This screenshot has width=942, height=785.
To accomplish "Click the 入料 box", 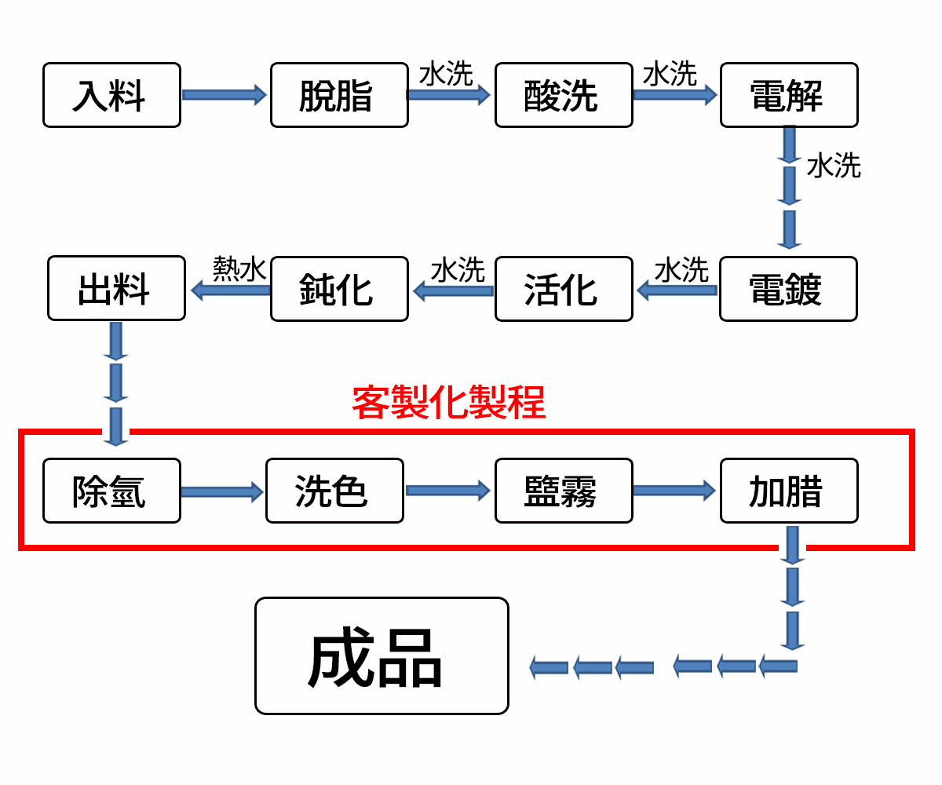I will point(111,95).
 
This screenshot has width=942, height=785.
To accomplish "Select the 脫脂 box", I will point(339,95).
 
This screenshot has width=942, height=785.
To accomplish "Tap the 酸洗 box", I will point(564,95).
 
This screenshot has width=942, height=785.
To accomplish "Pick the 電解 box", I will point(789,95).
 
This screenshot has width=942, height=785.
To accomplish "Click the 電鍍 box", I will point(788,289).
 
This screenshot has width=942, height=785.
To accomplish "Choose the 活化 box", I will point(564,289).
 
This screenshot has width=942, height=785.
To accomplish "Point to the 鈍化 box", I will point(339,289).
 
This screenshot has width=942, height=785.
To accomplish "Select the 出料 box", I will point(116,288).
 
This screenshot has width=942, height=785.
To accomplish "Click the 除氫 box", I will point(111,491).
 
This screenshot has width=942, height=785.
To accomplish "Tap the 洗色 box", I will point(334,491).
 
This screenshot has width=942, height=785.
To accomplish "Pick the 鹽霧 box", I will point(564,491).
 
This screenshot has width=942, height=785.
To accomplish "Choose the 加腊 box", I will point(789,491).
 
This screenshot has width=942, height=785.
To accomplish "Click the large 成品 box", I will point(382,656).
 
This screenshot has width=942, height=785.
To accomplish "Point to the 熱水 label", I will point(240,269).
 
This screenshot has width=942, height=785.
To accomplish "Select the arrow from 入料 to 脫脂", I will point(225,95).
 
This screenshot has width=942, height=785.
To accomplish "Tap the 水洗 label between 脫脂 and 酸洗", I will point(446,75).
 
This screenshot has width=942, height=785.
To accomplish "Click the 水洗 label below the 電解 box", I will point(834,166).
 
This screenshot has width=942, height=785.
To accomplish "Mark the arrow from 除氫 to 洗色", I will point(222,492).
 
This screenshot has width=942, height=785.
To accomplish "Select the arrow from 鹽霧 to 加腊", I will point(675,491).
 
